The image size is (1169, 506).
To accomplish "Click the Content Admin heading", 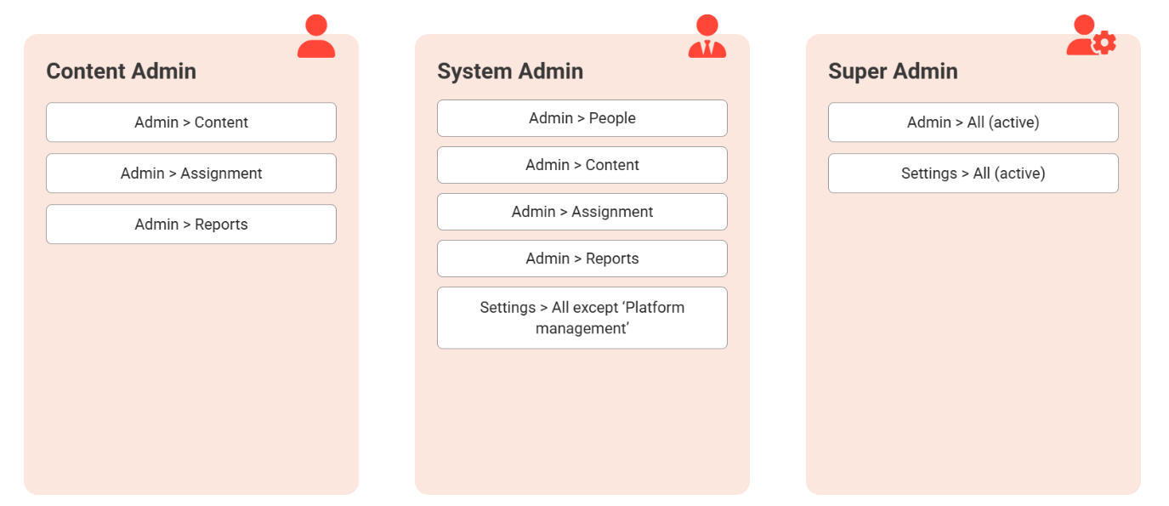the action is [x=121, y=71].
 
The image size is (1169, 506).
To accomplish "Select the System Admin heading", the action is [x=510, y=71].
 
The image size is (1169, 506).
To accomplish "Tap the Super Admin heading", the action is [x=893, y=71].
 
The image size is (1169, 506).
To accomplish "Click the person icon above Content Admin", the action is [x=316, y=36].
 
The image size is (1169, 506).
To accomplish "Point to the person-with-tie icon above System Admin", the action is [x=707, y=36].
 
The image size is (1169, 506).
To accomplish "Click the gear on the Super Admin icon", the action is [x=1104, y=43].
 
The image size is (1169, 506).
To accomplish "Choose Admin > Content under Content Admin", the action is [x=191, y=122].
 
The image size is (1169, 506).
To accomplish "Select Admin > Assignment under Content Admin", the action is [x=191, y=173].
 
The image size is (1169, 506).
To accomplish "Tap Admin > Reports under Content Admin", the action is [x=191, y=224].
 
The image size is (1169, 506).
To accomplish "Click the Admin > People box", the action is [x=582, y=118].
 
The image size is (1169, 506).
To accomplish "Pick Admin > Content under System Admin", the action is [x=582, y=165].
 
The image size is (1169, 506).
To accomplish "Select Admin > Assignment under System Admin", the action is [x=582, y=212].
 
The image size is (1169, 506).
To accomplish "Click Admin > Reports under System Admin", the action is [x=582, y=259].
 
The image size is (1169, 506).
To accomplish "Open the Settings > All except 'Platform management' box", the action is [x=582, y=317].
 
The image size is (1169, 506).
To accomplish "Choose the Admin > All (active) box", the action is [x=973, y=122].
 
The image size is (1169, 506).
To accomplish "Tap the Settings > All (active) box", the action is [x=973, y=173].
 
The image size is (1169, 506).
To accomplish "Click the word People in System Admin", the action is [x=612, y=118].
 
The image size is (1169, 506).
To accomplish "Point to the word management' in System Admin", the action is [x=582, y=328].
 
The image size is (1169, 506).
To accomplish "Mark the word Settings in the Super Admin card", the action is [x=929, y=173].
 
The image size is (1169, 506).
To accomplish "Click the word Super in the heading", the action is [x=858, y=72].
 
